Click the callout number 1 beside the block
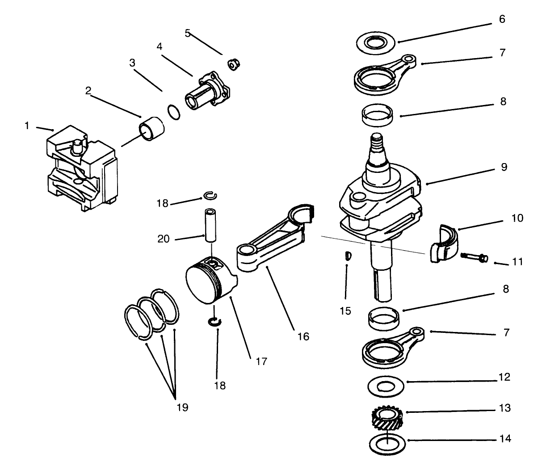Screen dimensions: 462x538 click(x=26, y=126)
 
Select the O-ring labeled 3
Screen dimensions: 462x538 click(x=174, y=112)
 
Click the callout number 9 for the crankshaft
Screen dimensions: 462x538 click(x=504, y=167)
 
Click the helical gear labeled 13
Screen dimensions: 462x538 click(x=387, y=419)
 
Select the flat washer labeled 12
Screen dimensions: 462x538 click(x=387, y=386)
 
